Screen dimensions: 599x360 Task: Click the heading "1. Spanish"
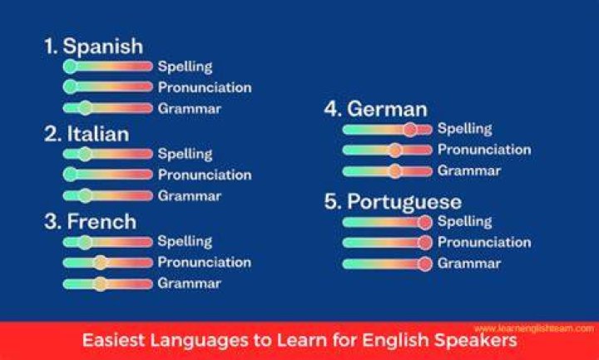[x=93, y=47]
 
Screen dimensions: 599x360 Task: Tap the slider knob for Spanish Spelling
[x=70, y=66]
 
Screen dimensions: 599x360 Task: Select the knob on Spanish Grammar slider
[x=86, y=108]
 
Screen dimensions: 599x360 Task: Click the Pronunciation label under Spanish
[x=205, y=88]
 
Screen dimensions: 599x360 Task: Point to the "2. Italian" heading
[x=87, y=134]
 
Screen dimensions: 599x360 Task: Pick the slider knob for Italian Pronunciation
[x=70, y=175]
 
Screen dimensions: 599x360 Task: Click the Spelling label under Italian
[x=185, y=154]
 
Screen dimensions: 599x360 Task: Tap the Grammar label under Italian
[x=190, y=196]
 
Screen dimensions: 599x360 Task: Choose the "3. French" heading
[x=91, y=221]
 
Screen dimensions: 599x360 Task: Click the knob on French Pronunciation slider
[x=100, y=262]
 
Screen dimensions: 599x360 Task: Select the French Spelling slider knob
[x=86, y=242]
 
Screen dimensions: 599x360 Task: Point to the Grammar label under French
[x=189, y=284]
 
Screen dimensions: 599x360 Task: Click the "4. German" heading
[x=376, y=109]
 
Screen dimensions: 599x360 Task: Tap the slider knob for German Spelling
[x=410, y=130]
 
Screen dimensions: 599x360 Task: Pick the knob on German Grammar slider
[x=395, y=171]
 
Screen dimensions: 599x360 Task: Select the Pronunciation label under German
[x=484, y=150]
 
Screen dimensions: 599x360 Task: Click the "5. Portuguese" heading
[x=393, y=202]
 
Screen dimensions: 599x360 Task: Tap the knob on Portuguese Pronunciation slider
[x=424, y=243]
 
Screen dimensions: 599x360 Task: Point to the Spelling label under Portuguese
[x=464, y=221]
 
